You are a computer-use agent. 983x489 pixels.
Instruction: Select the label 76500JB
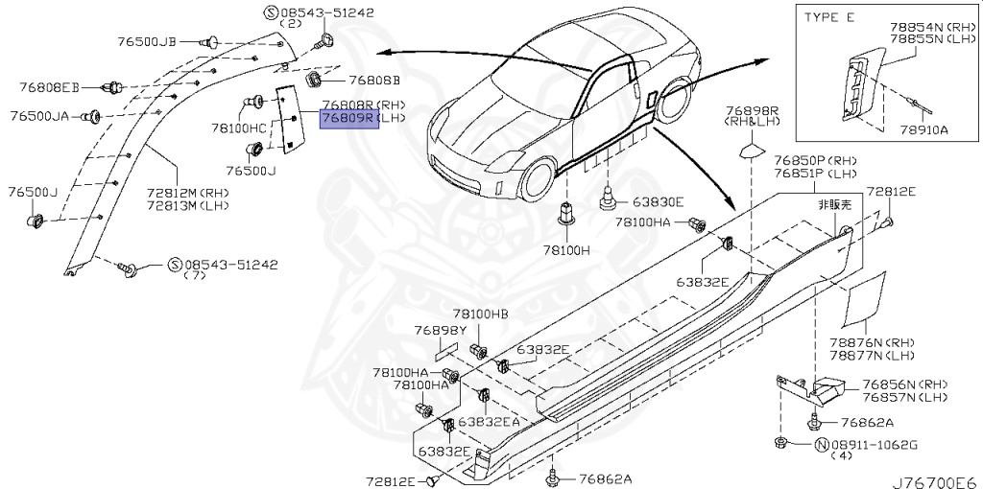coord(147,41)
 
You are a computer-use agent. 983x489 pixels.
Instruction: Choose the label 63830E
coord(656,202)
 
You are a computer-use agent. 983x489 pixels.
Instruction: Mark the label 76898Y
coord(441,330)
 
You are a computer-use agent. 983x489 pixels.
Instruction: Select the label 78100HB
coord(480,314)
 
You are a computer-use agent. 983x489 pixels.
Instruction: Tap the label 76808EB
coord(50,87)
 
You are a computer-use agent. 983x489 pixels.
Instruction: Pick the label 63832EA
coord(489,421)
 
